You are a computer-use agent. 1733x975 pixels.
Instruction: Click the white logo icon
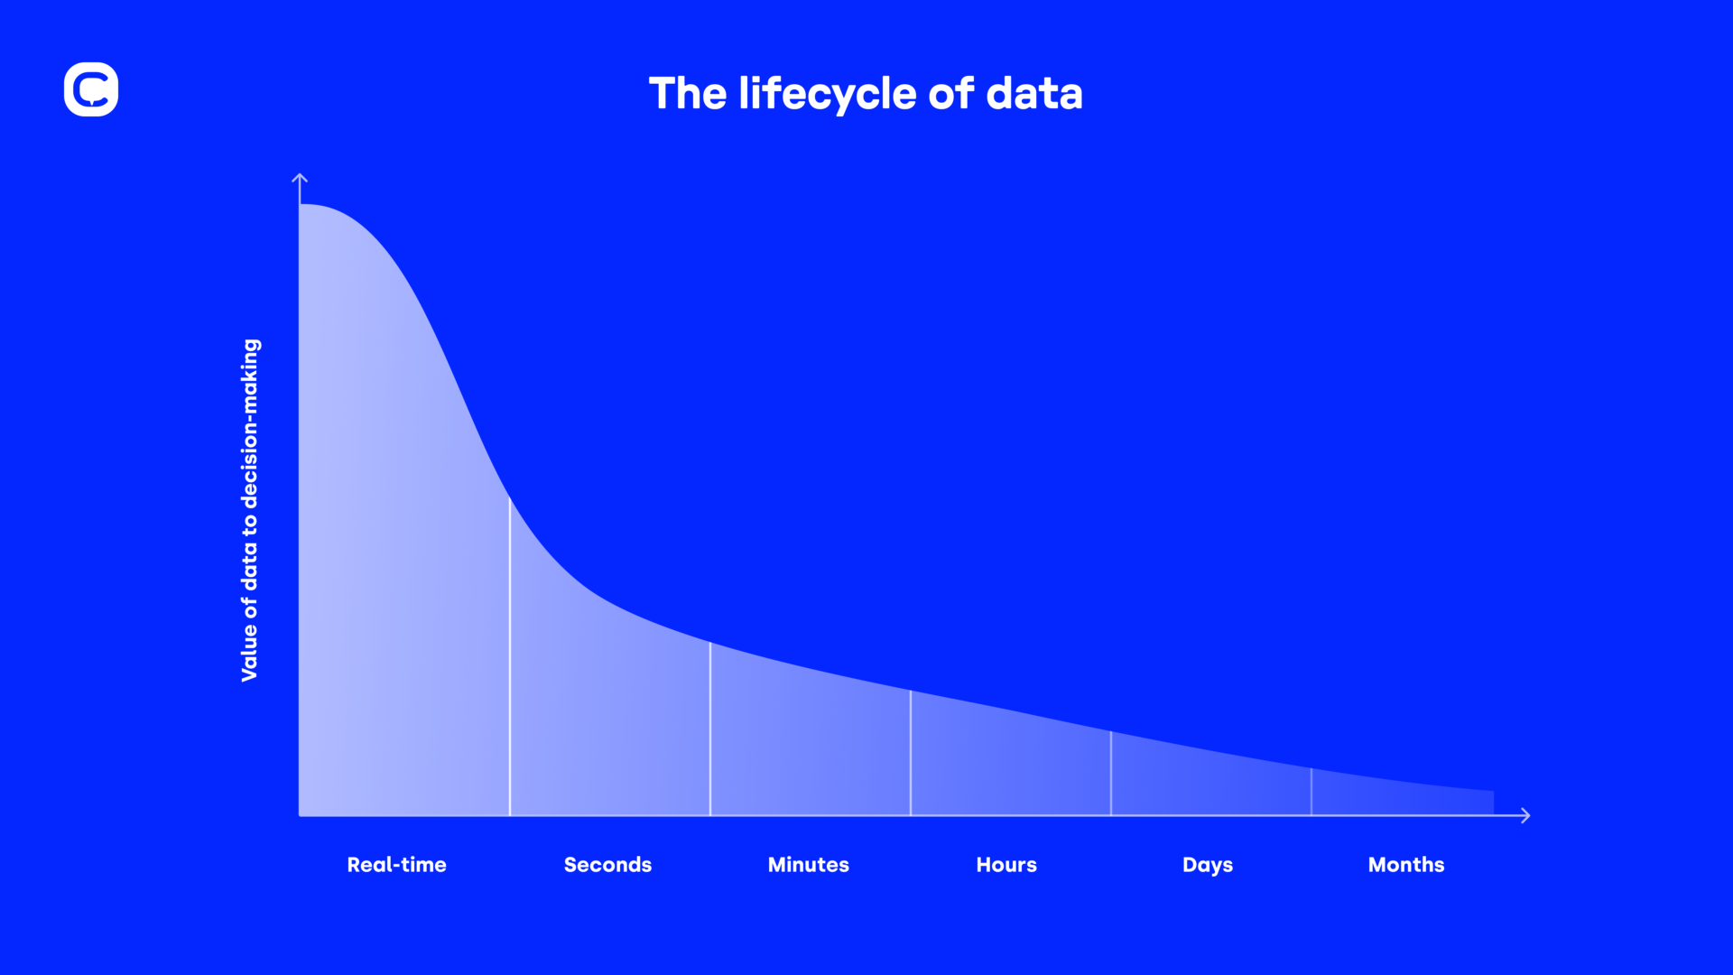click(x=91, y=89)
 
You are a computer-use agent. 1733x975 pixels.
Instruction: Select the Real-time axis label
click(x=396, y=865)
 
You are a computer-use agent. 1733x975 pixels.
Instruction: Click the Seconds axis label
click(x=607, y=865)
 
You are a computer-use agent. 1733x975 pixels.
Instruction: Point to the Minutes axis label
click(x=808, y=865)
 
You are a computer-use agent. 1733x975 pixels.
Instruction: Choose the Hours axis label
click(x=1006, y=865)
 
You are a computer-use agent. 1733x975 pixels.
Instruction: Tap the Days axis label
click(x=1207, y=865)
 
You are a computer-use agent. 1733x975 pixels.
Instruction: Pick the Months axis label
click(x=1405, y=865)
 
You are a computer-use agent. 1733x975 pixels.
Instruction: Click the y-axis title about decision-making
click(x=250, y=510)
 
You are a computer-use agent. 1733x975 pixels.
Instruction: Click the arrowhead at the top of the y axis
click(x=300, y=179)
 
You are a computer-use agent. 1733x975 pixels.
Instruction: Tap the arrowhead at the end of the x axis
click(x=1524, y=815)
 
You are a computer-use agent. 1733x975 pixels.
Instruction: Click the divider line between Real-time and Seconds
click(x=510, y=659)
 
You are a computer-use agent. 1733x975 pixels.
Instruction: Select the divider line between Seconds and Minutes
click(x=710, y=731)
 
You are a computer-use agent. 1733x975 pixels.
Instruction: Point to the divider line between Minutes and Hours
click(x=911, y=754)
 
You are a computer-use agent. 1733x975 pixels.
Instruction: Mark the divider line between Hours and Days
click(x=1111, y=775)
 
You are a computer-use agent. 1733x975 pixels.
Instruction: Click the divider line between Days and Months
click(x=1311, y=793)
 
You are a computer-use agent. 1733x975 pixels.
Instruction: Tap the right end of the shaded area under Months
click(x=1491, y=803)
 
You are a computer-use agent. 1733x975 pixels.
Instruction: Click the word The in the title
click(x=687, y=94)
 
